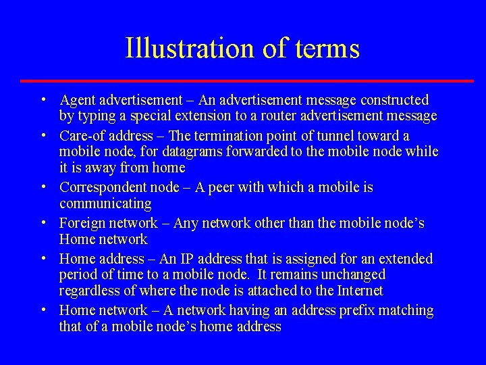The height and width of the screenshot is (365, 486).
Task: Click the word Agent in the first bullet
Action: click(78, 100)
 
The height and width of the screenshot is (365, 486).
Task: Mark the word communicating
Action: click(105, 203)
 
